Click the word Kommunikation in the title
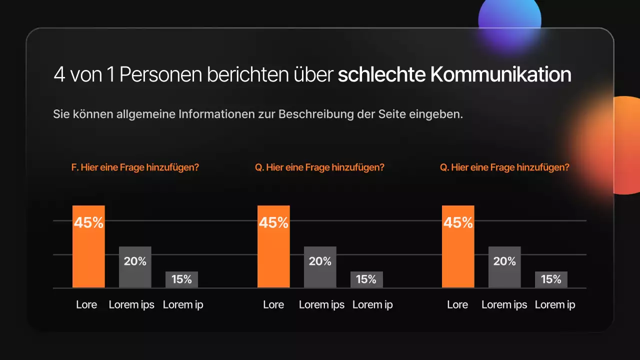[x=500, y=74]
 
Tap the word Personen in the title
[x=161, y=74]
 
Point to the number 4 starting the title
[x=59, y=74]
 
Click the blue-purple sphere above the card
[x=509, y=20]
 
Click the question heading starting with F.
[x=135, y=167]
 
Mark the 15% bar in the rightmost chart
[x=551, y=279]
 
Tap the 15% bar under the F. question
[x=181, y=279]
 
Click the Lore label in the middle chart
[x=273, y=304]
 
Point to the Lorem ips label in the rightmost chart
[x=504, y=304]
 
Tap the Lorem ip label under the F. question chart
[x=183, y=304]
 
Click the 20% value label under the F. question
[x=135, y=261]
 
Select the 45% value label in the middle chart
[x=273, y=222]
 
